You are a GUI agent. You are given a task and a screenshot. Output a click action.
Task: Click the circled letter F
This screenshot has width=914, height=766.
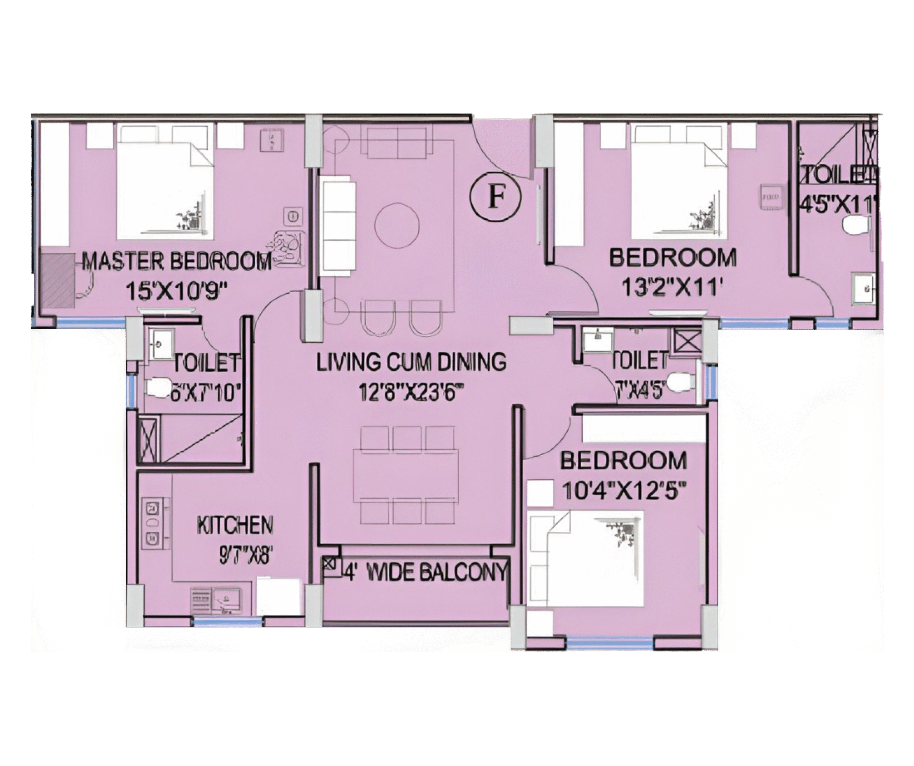pos(495,197)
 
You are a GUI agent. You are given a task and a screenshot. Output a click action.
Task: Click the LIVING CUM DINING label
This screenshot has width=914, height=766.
pos(411,362)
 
